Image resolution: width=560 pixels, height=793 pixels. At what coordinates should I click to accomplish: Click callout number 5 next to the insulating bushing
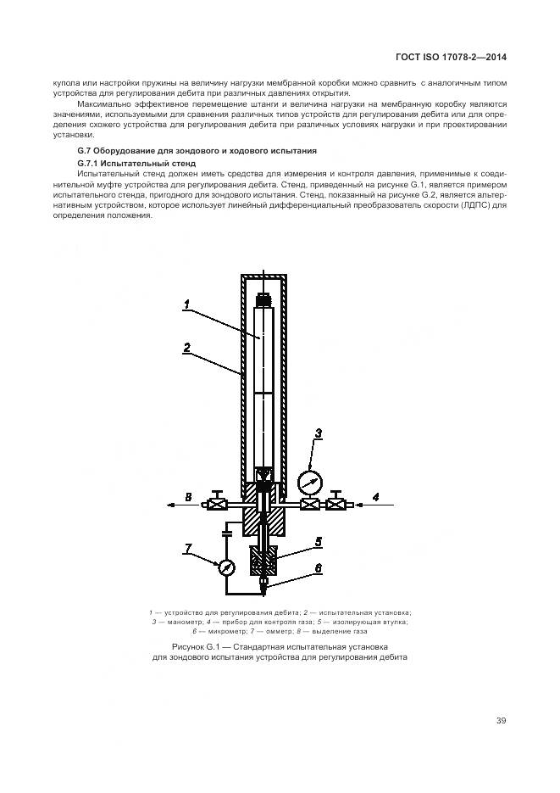click(x=319, y=541)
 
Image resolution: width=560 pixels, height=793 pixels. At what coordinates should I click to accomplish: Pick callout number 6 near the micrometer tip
click(x=319, y=569)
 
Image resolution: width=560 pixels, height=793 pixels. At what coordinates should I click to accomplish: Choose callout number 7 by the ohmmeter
click(x=187, y=549)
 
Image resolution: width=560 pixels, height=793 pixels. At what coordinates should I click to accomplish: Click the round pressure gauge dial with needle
click(x=309, y=483)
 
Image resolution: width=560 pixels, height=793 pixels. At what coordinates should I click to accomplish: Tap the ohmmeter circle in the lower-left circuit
click(x=226, y=568)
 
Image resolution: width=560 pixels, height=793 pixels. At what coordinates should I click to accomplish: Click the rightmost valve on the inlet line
click(x=338, y=504)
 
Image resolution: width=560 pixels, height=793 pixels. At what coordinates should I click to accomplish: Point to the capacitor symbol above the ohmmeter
click(x=226, y=533)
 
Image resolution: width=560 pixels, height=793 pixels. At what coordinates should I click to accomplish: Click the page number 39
click(x=501, y=721)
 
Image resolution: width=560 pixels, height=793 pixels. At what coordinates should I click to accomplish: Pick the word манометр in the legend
click(x=182, y=622)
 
